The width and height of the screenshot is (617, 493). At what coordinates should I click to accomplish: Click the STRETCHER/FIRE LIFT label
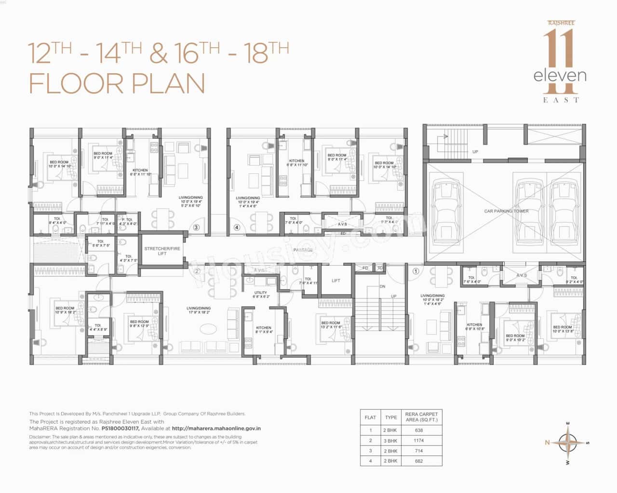tap(162, 251)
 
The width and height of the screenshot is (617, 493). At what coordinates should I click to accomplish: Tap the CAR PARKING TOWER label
tap(506, 211)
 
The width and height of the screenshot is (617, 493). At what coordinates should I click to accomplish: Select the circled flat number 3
tap(196, 228)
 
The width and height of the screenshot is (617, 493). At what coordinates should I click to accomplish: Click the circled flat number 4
tap(236, 228)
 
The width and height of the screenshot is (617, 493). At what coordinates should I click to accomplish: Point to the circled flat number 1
tap(416, 271)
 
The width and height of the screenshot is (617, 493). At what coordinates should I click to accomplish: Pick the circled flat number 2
tap(197, 271)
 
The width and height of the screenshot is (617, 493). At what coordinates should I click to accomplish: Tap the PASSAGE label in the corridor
tap(303, 250)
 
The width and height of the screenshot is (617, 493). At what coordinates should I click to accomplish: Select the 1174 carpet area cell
tap(418, 441)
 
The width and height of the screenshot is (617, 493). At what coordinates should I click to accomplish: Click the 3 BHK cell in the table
tap(390, 441)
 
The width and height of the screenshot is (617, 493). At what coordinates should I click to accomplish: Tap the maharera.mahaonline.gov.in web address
tap(216, 428)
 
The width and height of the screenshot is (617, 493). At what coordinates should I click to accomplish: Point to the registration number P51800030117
tap(121, 428)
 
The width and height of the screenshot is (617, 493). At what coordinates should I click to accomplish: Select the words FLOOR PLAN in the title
tap(117, 83)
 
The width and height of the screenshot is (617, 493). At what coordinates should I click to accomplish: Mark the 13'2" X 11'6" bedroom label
tap(331, 325)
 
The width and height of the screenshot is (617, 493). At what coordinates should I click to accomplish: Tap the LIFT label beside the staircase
tap(336, 281)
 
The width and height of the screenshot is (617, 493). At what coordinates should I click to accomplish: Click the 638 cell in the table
tap(418, 430)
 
